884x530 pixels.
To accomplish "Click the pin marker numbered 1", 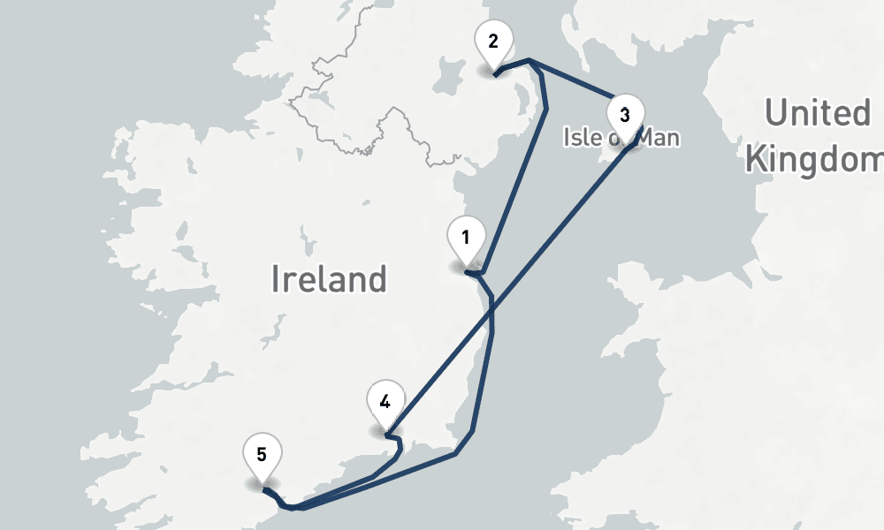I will [466, 238].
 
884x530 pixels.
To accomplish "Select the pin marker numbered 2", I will [493, 42].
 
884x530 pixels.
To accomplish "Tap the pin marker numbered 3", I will [625, 115].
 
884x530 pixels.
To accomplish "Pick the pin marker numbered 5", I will [263, 455].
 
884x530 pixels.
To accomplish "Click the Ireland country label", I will [329, 279].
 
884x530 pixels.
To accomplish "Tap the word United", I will [817, 114].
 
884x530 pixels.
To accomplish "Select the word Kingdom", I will [813, 159].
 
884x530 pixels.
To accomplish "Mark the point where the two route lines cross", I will [491, 308].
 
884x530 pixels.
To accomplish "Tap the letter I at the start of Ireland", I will [276, 279].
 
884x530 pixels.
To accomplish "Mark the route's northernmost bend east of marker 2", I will [528, 60].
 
